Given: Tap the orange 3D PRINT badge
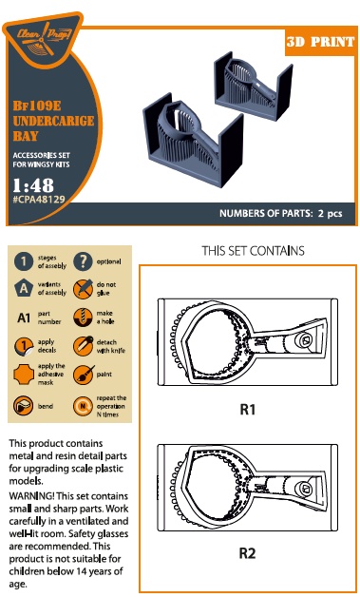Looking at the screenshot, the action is point(320,42).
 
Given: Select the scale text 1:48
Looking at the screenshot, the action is point(33,185).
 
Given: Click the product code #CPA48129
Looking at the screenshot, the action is point(38,199).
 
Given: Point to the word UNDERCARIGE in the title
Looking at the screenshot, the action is point(53,121).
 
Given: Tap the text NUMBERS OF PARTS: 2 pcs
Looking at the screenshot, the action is point(280,213).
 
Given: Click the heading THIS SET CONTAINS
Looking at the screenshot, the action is point(253,251).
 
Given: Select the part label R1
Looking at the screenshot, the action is point(247,410).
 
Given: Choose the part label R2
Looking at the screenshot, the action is point(247,553).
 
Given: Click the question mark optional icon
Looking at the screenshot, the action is point(83,261).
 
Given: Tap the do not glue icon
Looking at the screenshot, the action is point(83,289).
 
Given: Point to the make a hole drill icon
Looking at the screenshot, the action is point(83,318).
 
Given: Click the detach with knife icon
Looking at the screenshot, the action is point(83,346).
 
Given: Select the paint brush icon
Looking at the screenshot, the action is point(83,375).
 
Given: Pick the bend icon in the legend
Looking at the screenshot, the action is point(24,406).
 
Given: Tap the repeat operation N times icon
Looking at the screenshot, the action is point(83,406).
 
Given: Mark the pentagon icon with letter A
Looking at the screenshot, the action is point(24,289).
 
